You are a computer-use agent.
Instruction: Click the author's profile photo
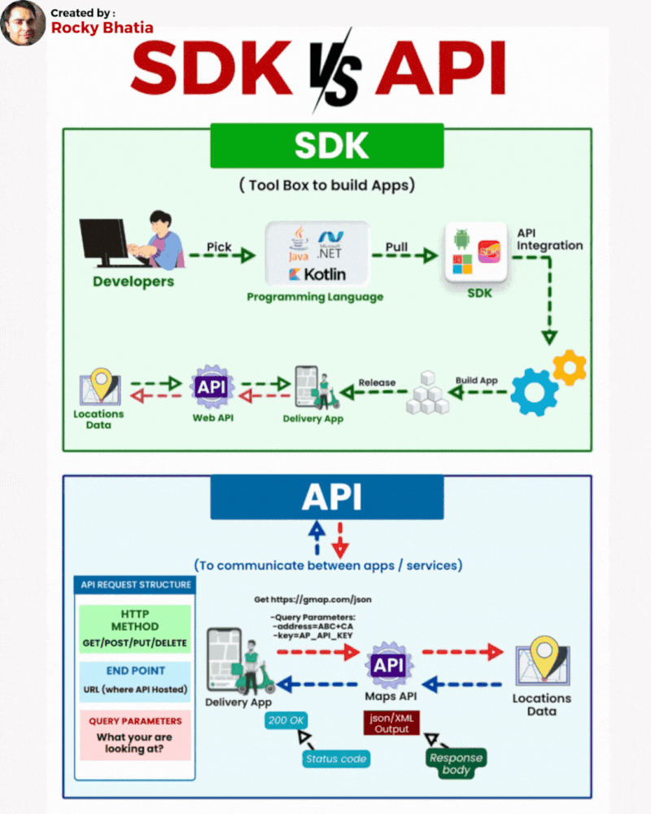click(x=23, y=23)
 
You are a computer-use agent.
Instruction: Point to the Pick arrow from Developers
click(x=221, y=256)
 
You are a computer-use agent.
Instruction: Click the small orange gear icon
click(x=569, y=368)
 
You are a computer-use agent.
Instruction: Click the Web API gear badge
click(x=212, y=387)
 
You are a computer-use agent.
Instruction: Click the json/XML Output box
click(x=391, y=723)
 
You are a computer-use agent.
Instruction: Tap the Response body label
click(x=457, y=764)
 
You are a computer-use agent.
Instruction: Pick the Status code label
click(x=336, y=759)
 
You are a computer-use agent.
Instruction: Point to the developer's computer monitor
click(x=104, y=241)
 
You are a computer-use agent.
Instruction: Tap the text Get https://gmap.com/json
click(x=312, y=600)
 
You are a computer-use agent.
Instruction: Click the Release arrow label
click(x=377, y=383)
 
